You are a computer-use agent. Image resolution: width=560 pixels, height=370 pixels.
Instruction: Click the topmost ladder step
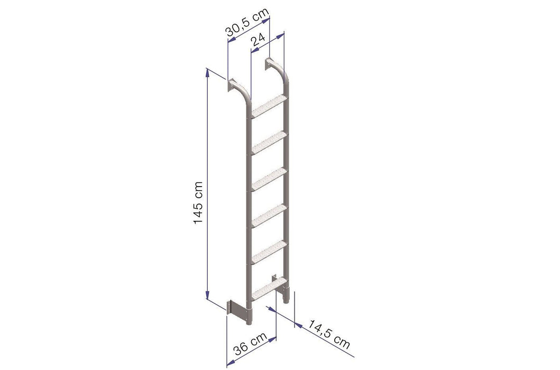(269, 106)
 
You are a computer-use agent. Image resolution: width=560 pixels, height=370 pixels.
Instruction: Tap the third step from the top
(269, 178)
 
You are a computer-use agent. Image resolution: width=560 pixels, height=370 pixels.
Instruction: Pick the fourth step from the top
(269, 213)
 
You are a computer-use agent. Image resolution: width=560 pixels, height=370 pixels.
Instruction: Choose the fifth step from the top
(269, 250)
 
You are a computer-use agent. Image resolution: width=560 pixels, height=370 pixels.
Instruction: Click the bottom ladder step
(269, 287)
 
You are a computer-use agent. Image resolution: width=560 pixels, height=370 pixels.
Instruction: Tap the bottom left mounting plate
(231, 308)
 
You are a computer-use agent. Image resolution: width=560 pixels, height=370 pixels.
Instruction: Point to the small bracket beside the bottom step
(275, 278)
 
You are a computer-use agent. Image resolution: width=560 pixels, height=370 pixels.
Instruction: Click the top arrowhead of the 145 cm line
(207, 72)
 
